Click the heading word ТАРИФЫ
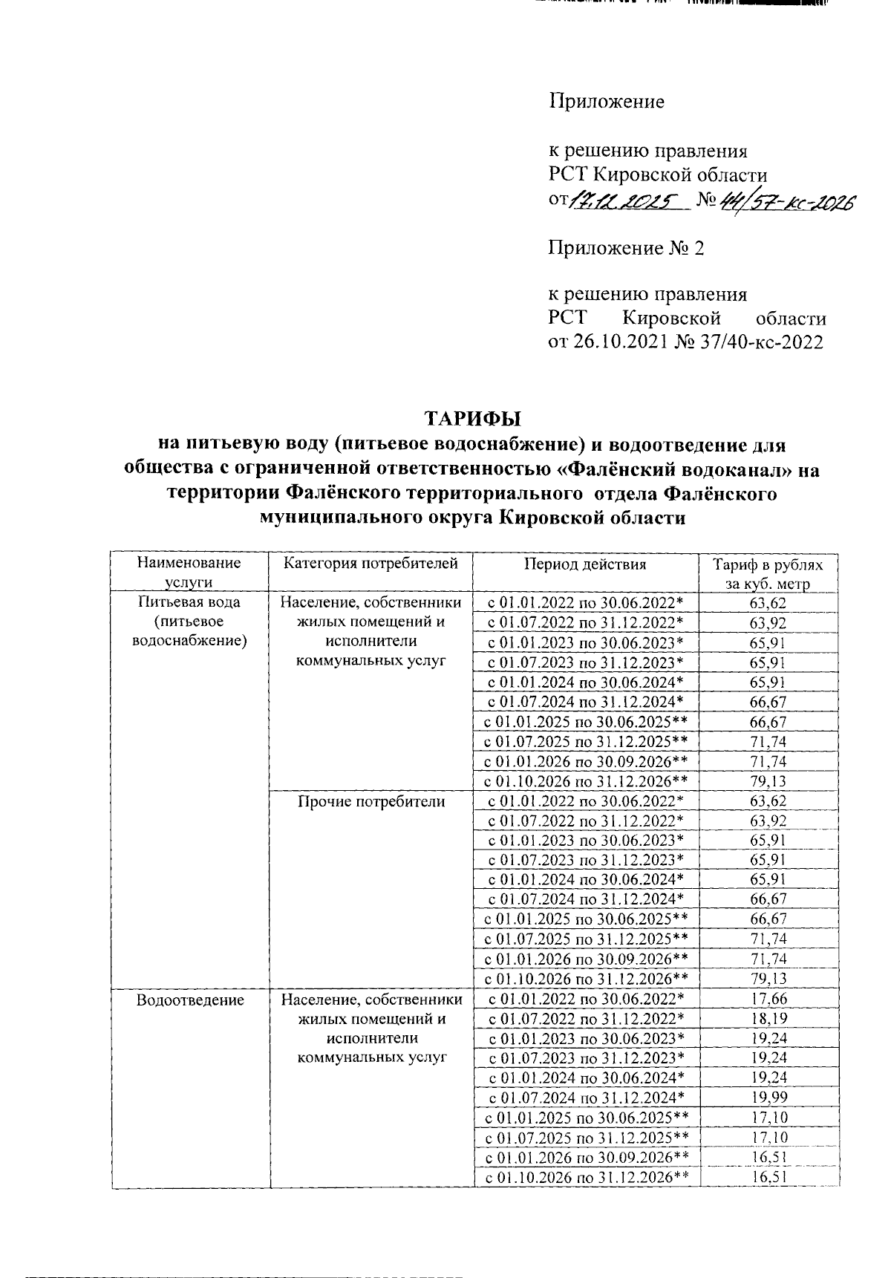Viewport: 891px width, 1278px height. pos(472,417)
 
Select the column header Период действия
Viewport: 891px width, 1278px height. pos(585,564)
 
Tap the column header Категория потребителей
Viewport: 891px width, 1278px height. pos(371,564)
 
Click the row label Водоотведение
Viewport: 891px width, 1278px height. pos(190,1000)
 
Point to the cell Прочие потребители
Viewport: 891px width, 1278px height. pos(371,802)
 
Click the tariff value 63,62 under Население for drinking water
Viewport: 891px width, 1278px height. pos(768,604)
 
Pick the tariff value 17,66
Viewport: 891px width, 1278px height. pos(768,1000)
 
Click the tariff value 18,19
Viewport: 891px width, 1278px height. pos(768,1020)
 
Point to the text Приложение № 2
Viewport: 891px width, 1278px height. pos(626,248)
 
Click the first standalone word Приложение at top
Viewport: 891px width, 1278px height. pos(607,102)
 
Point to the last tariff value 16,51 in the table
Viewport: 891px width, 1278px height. pos(768,1178)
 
